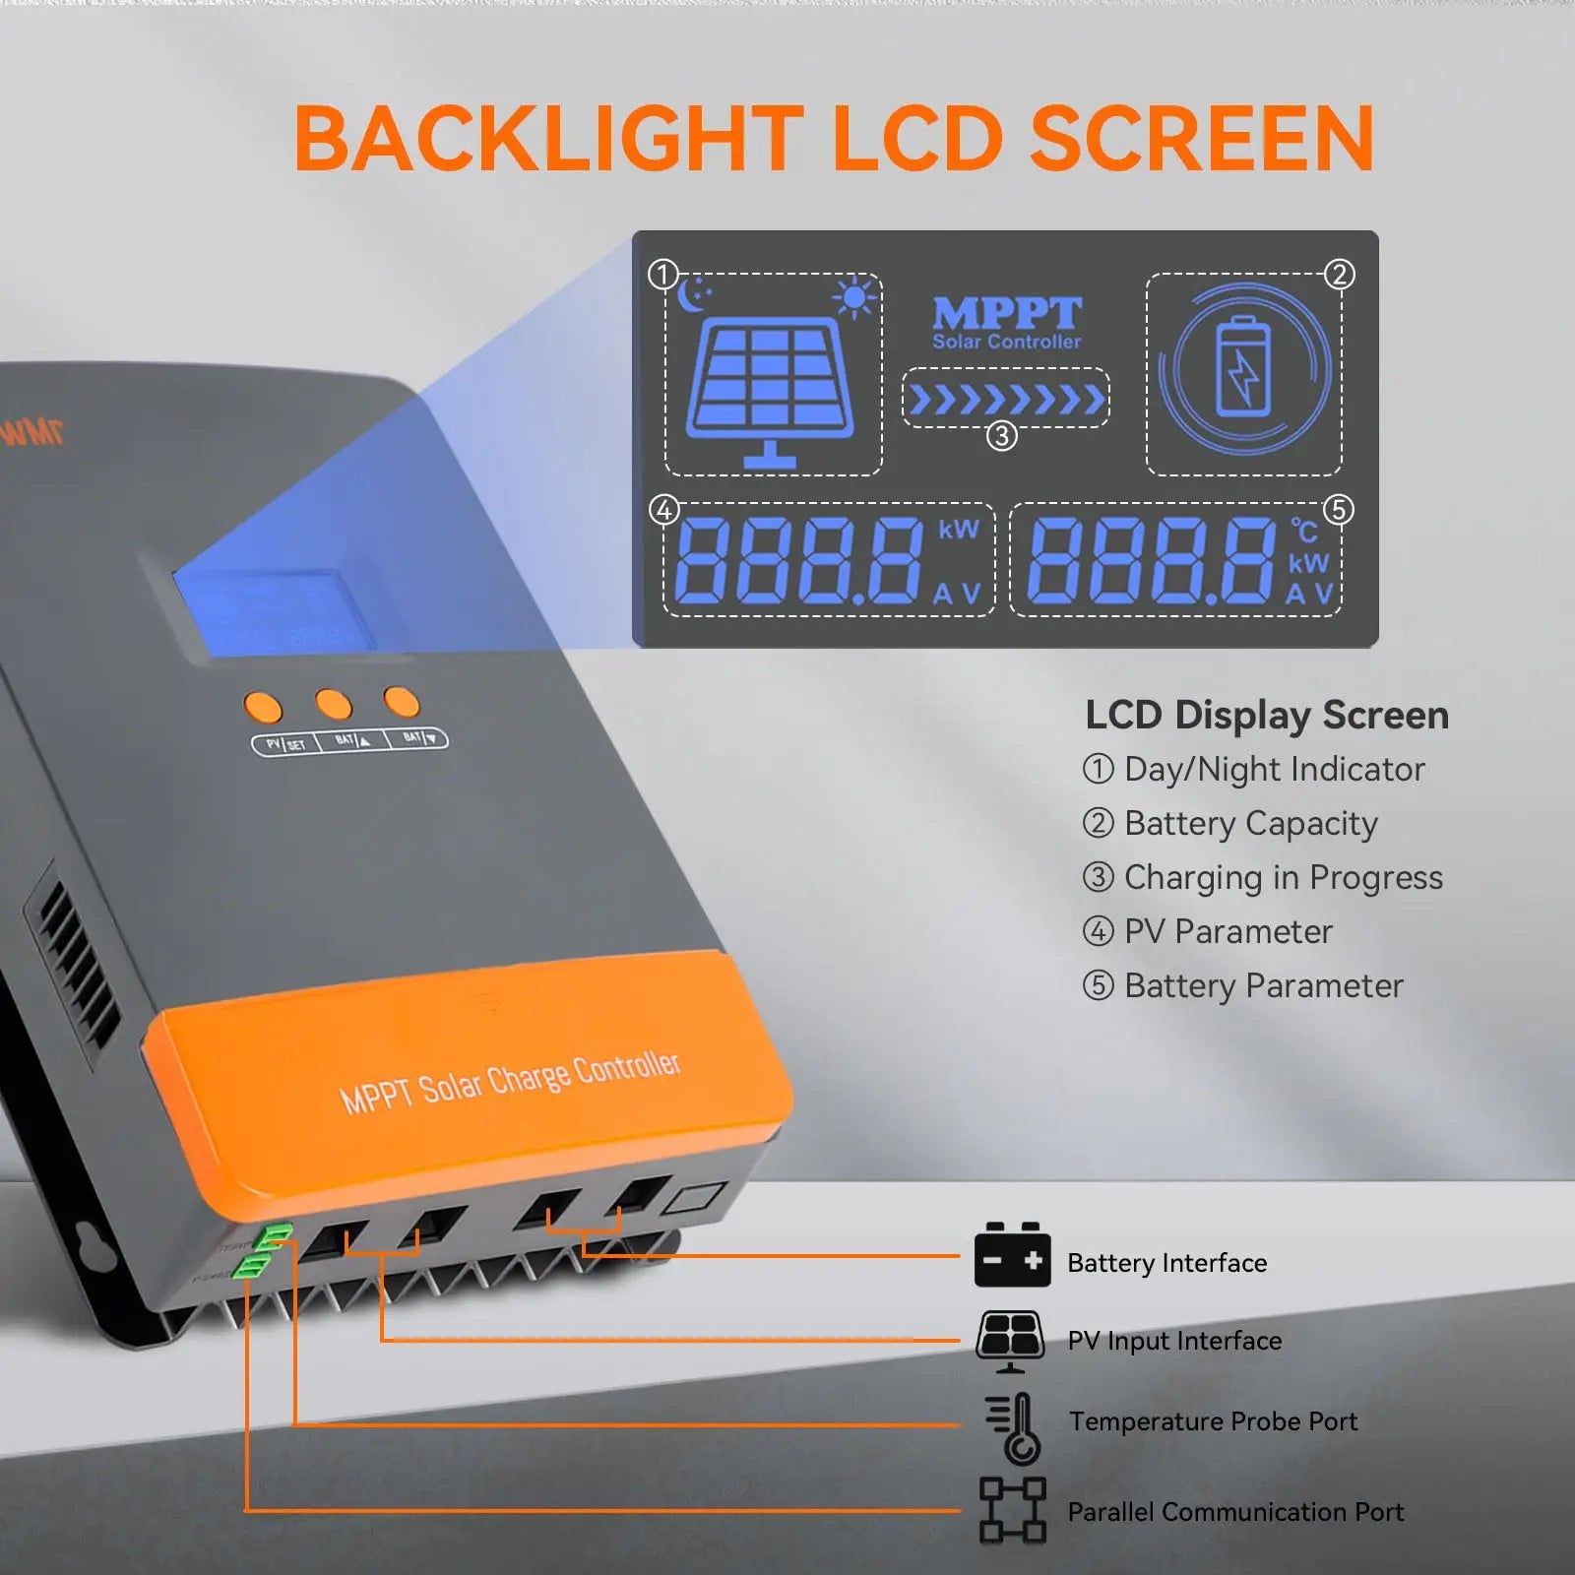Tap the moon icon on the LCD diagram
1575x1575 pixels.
694,293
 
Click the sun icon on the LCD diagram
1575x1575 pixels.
853,296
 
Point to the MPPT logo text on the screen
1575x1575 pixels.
1006,315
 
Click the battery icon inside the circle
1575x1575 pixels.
1244,366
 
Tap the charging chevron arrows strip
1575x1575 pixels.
1006,400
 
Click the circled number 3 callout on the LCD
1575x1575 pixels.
1002,435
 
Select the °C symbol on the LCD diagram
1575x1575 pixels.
1304,532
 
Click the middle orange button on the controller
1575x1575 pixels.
333,704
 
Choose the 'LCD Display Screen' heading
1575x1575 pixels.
1267,715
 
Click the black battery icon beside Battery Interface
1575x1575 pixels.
1012,1255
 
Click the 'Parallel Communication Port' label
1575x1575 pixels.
1235,1511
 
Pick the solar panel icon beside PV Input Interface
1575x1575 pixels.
1010,1340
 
